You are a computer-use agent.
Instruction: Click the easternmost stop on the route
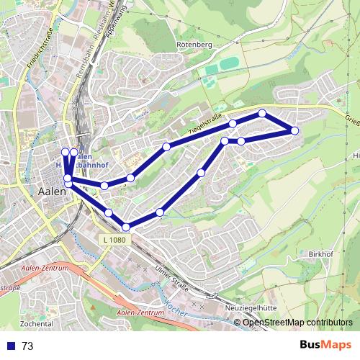pyautogui.click(x=294, y=130)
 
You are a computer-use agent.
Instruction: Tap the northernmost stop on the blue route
pyautogui.click(x=263, y=113)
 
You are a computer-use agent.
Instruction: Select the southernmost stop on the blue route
pyautogui.click(x=126, y=228)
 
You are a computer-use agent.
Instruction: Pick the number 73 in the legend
pyautogui.click(x=27, y=346)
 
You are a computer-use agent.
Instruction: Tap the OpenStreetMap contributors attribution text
pyautogui.click(x=297, y=323)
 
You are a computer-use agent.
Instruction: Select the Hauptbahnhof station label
pyautogui.click(x=86, y=163)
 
